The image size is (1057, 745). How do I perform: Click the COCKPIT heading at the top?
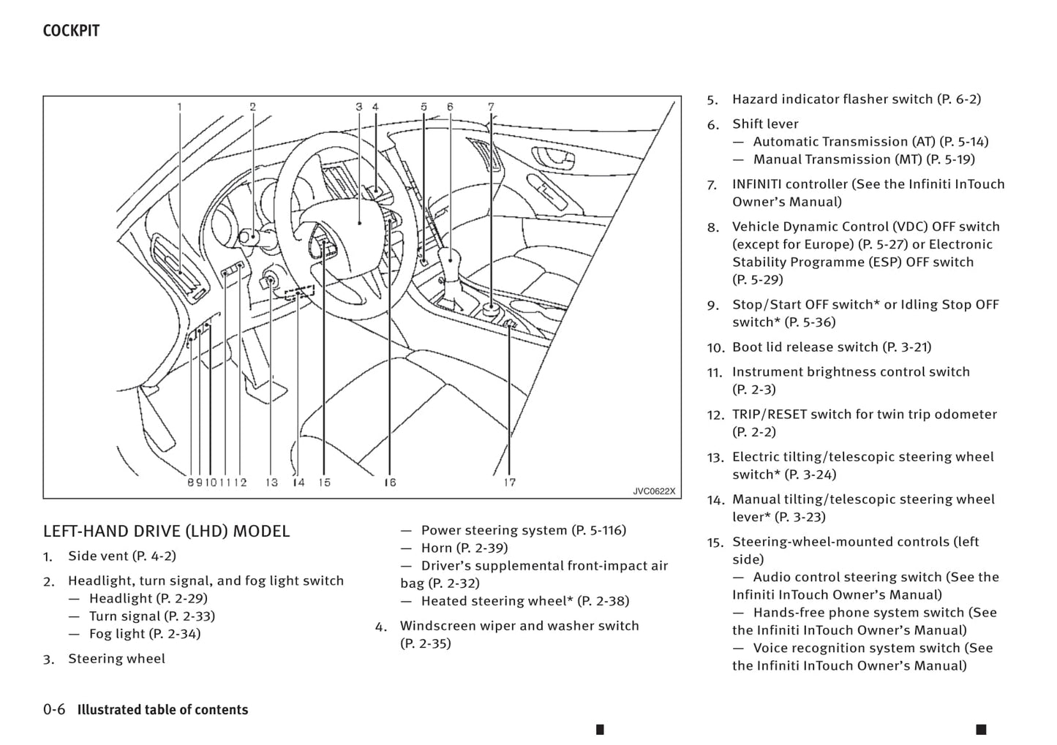point(71,31)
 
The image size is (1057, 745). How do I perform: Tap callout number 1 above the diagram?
point(179,107)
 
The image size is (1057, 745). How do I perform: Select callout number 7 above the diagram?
point(492,107)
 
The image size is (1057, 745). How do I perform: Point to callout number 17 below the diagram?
point(510,483)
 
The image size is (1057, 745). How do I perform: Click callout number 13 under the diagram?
point(272,483)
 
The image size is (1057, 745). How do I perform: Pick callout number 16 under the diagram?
point(390,483)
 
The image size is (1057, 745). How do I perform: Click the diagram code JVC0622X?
point(654,491)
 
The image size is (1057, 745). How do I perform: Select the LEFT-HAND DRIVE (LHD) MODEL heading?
point(166,532)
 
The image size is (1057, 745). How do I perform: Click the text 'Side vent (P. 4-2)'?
point(122,556)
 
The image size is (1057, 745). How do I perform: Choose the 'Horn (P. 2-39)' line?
point(464,548)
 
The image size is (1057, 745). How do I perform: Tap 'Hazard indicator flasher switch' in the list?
point(856,99)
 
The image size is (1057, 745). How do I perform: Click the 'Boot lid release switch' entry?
point(831,347)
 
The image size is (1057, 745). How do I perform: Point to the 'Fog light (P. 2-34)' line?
point(144,634)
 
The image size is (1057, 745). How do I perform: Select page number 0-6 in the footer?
point(54,709)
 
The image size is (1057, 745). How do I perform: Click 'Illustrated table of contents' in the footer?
point(162,710)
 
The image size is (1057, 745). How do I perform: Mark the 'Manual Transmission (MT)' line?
point(863,159)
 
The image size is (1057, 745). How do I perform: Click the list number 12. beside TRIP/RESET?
point(715,415)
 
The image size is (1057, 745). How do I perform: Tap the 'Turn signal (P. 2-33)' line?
point(151,616)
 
